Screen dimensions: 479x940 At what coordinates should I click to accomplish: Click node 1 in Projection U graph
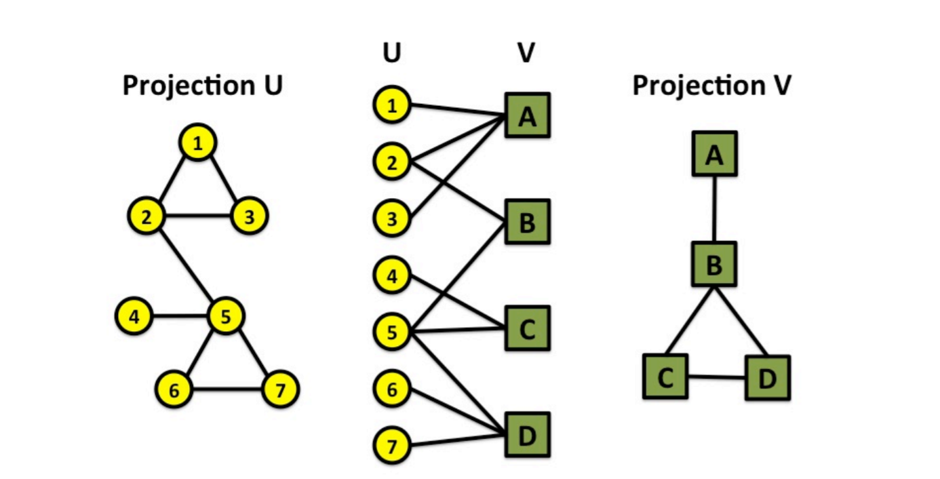click(x=197, y=143)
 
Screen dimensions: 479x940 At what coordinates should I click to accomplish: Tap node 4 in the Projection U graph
click(x=134, y=316)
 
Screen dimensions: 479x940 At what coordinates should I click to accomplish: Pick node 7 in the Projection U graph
click(x=279, y=390)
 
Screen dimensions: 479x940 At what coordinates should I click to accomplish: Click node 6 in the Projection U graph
click(x=174, y=390)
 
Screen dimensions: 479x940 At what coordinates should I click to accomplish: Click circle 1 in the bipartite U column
click(x=391, y=105)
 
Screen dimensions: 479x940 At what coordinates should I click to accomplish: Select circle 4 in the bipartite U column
click(x=391, y=275)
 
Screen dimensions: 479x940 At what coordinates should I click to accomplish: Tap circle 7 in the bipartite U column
click(x=391, y=446)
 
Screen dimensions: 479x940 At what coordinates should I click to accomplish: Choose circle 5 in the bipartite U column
click(x=391, y=332)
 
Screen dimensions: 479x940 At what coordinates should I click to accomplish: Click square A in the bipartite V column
click(x=527, y=115)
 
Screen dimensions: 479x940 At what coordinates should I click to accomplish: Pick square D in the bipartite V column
click(x=527, y=434)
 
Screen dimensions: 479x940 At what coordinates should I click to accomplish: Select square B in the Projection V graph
click(x=714, y=264)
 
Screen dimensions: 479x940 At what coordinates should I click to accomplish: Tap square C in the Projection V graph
click(x=665, y=377)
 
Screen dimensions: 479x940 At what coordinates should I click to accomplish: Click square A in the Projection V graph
click(x=714, y=154)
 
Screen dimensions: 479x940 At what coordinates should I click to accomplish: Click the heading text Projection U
click(x=202, y=86)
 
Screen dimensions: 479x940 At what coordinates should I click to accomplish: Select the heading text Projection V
click(x=711, y=86)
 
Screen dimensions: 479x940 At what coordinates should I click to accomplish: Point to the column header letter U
click(x=391, y=53)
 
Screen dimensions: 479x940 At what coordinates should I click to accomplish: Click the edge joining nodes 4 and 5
click(x=180, y=316)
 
